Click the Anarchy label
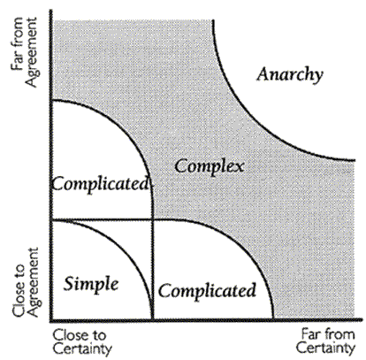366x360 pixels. [x=290, y=75]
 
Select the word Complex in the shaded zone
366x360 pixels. [x=210, y=167]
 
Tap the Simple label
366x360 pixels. [x=91, y=285]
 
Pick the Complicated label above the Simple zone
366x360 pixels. [x=101, y=185]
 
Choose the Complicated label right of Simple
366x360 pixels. [x=207, y=291]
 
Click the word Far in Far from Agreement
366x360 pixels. [x=17, y=62]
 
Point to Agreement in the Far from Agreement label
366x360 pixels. [x=31, y=52]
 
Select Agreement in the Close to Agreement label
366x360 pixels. [x=33, y=282]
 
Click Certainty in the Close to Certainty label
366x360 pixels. [x=82, y=349]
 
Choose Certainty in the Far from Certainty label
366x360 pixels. [x=325, y=349]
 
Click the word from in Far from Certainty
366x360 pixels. [x=337, y=334]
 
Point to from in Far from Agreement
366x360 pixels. [x=17, y=35]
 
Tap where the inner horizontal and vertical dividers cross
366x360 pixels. [x=153, y=219]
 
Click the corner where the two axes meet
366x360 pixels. [x=51, y=320]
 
